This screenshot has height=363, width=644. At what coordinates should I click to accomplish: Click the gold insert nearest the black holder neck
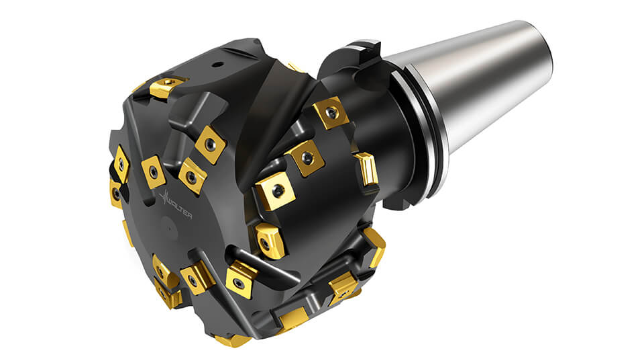pyautogui.click(x=331, y=112)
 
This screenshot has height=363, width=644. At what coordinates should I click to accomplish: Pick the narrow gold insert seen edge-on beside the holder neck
pyautogui.click(x=366, y=171)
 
